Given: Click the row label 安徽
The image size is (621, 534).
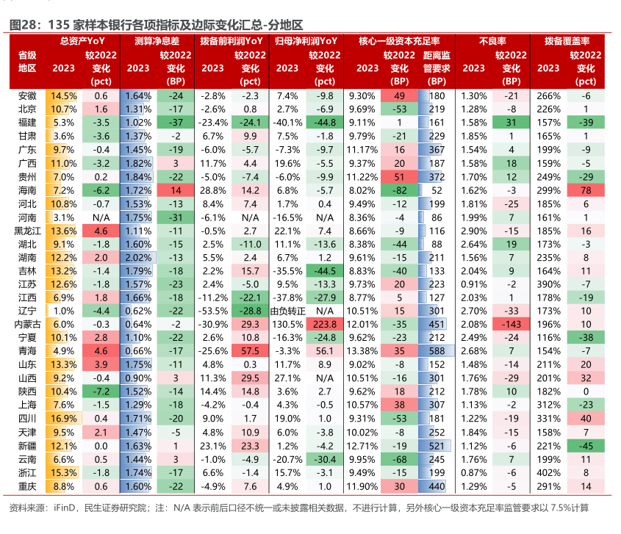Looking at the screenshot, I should point(27,96).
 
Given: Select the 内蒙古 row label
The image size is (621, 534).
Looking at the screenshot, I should point(27,324).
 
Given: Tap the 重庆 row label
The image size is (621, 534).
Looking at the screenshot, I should point(27,486).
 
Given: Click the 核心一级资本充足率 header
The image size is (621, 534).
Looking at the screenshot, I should point(399,41).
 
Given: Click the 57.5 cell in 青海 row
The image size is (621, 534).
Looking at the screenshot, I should point(250,350).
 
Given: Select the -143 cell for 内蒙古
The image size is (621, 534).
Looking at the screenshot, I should point(511,324).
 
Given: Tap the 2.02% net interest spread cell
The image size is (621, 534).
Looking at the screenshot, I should point(138,257).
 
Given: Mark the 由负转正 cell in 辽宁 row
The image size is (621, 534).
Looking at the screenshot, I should point(324,311).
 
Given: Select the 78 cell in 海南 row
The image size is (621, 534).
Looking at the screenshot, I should point(586,190).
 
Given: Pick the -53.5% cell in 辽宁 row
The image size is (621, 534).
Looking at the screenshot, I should point(213,311).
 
